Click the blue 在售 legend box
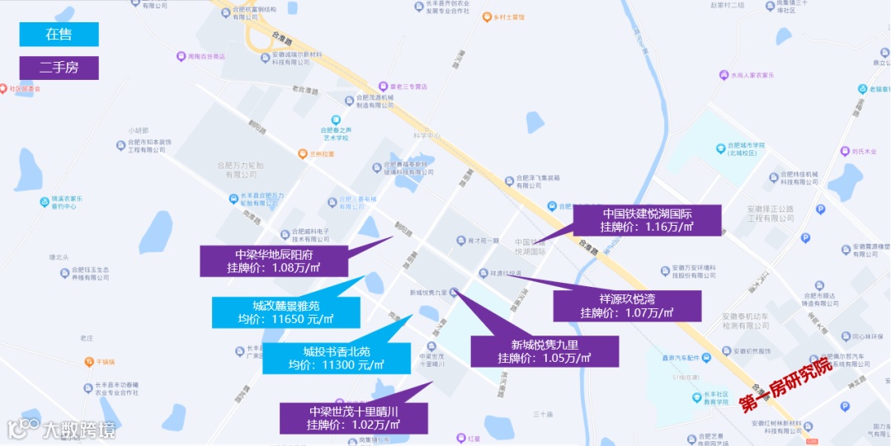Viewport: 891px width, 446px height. pos(59,34)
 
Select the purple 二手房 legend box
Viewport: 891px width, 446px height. pos(59,68)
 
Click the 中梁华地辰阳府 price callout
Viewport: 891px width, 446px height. pos(273,261)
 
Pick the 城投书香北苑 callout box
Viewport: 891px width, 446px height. pos(336,358)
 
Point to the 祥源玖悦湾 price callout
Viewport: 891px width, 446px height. pos(627,306)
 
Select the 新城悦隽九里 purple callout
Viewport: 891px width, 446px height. pos(544,351)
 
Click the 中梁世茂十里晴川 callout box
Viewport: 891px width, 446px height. pos(354,418)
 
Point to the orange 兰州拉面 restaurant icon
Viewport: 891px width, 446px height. pos(304,153)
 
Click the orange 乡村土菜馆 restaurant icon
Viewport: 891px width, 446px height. pos(487,16)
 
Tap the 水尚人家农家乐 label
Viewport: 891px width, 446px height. pos(752,74)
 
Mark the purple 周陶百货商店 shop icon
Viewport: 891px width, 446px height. pos(181,56)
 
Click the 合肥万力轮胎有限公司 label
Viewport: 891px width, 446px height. pos(239,170)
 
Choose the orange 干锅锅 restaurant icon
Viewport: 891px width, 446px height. pos(88,361)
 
